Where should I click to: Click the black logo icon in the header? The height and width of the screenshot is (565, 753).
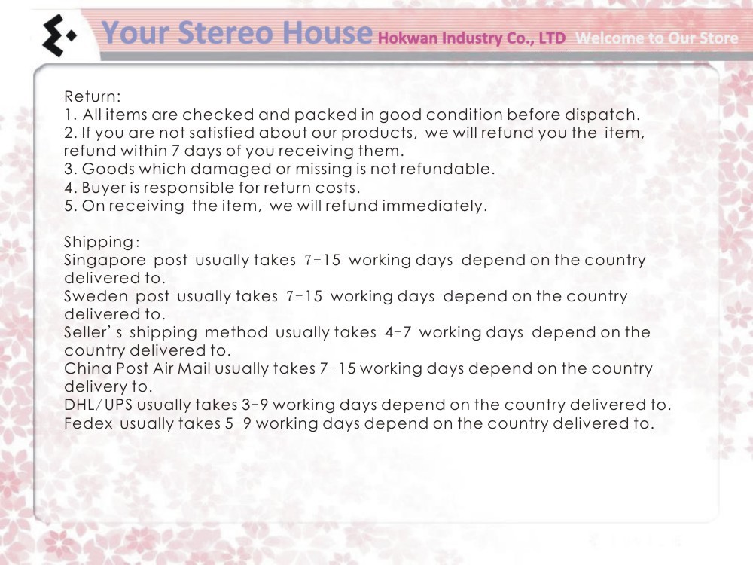tap(59, 35)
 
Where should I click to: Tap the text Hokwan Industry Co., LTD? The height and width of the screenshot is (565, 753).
tap(471, 38)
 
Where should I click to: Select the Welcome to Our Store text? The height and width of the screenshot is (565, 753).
tap(657, 38)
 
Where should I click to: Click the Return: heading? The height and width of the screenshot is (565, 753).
tap(92, 96)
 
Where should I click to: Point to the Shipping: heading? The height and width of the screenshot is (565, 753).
tap(102, 243)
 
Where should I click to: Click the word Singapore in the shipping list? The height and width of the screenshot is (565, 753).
tap(105, 261)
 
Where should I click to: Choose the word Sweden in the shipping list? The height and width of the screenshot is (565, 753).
tap(96, 296)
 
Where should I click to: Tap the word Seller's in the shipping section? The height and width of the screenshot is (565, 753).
tap(93, 332)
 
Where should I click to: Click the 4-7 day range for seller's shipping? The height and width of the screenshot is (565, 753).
tap(398, 332)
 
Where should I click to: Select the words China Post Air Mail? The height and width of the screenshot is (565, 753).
tap(137, 368)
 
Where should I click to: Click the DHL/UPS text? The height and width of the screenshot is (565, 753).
tap(98, 405)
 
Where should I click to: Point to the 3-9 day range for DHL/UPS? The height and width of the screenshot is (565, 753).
tap(255, 405)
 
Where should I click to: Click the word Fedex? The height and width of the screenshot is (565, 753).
tap(88, 423)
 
